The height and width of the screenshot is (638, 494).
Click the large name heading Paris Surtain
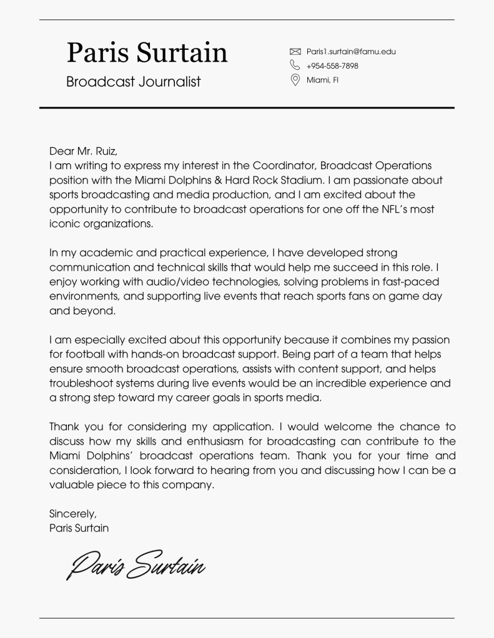pos(147,52)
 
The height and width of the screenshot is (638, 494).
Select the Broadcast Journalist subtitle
pos(134,82)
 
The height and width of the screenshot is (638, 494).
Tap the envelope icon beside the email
pos(295,52)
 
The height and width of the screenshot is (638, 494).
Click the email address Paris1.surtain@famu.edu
pos(351,52)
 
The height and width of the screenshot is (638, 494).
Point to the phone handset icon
pos(295,65)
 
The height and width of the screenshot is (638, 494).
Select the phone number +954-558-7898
pos(332,66)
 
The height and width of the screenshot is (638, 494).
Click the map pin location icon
pos(295,80)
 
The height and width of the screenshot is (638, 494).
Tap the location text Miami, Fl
pos(322,80)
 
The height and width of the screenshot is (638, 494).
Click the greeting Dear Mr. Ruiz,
pos(83,151)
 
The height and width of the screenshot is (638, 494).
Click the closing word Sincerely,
pos(73,514)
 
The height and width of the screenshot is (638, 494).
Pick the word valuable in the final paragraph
pos(71,485)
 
